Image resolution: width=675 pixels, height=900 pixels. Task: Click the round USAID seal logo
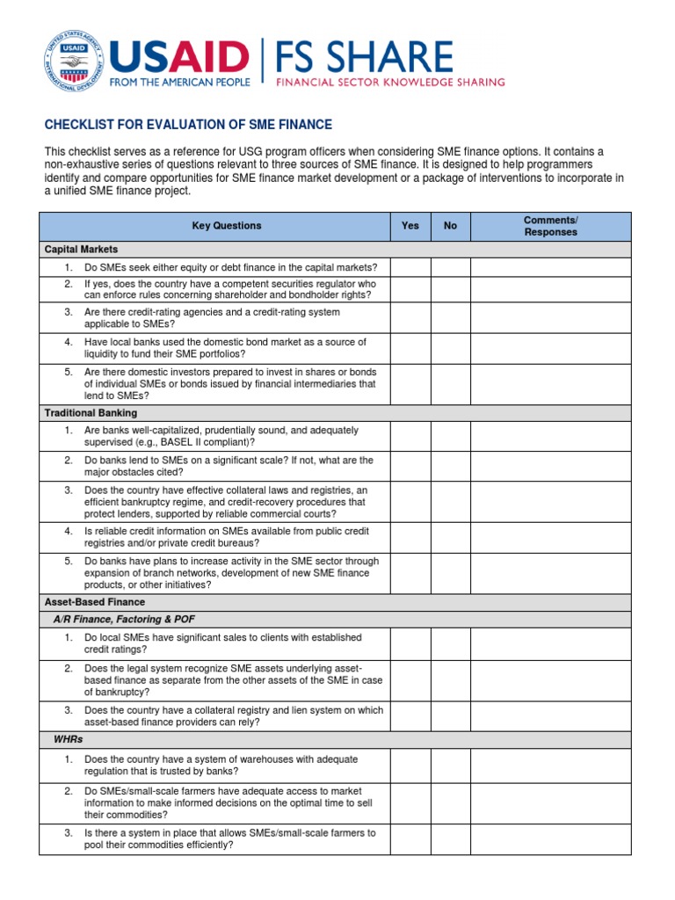pos(73,62)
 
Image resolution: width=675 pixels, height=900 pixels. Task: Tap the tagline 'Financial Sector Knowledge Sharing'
pos(391,83)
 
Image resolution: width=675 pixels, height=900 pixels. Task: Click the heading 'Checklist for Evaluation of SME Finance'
pos(188,125)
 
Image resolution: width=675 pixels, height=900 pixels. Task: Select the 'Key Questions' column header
pos(227,226)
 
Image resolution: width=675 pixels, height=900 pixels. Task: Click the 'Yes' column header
pos(410,226)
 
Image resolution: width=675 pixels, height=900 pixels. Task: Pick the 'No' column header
pos(451,226)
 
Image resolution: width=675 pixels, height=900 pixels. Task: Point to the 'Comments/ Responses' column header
pos(550,226)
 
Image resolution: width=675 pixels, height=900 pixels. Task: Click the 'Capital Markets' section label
pos(81,250)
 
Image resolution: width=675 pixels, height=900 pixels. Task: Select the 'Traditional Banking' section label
pos(91,412)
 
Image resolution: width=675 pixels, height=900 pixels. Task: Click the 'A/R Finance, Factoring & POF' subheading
pos(120,620)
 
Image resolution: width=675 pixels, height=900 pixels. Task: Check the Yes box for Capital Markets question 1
pos(410,267)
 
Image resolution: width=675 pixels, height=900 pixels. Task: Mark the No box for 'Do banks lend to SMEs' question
pos(451,466)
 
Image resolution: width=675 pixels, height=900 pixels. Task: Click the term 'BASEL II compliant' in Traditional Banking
pos(206,442)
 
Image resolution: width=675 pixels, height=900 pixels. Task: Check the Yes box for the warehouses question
pos(410,765)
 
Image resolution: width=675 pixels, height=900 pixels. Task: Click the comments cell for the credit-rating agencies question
pos(550,317)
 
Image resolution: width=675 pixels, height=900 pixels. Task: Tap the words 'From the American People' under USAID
pos(179,82)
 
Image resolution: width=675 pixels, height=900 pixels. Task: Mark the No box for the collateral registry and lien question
pos(451,716)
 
